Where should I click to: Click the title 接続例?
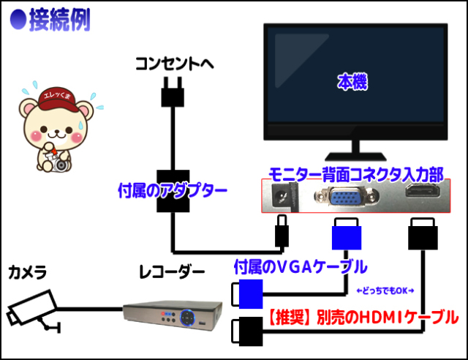[x=58, y=20]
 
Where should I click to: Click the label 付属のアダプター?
[x=173, y=192]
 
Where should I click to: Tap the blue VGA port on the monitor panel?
[x=340, y=197]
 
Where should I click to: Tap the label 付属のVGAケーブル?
[x=300, y=267]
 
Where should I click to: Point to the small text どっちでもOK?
[x=383, y=290]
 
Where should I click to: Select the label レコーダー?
[x=172, y=273]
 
